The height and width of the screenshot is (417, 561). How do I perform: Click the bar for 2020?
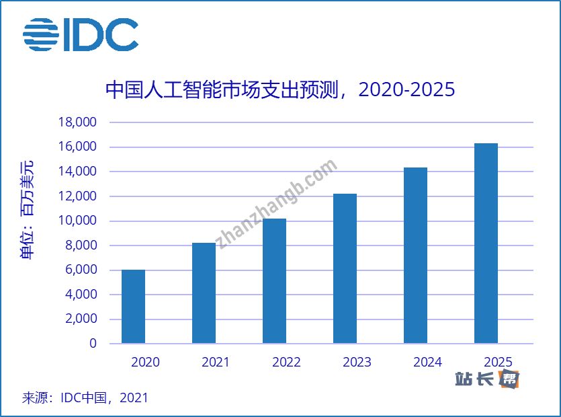(133, 307)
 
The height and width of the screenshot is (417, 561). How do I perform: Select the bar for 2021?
(204, 293)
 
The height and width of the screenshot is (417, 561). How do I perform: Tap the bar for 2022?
(274, 281)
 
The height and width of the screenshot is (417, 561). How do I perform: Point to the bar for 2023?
(345, 268)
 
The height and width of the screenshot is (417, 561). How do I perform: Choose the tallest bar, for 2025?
(486, 243)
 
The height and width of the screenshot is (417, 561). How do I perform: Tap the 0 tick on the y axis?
(93, 344)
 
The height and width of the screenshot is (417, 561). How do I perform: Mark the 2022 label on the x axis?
(286, 363)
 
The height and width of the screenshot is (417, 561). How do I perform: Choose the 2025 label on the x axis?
(498, 363)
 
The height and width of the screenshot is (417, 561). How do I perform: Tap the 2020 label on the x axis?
(145, 363)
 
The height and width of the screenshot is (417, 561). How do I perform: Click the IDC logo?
(81, 34)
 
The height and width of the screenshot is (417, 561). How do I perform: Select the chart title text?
(280, 89)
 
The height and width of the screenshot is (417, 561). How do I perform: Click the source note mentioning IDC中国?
(85, 397)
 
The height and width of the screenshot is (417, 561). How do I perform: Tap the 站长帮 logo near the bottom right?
(487, 379)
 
